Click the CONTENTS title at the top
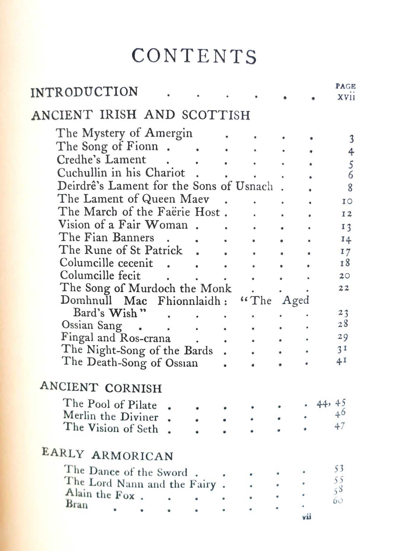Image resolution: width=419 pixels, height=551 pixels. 194,56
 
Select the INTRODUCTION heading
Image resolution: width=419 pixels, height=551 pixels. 84,92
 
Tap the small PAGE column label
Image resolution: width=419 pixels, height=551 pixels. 345,86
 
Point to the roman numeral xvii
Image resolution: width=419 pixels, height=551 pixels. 346,97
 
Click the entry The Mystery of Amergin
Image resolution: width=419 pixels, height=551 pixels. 124,133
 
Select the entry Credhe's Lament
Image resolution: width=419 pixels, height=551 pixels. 101,159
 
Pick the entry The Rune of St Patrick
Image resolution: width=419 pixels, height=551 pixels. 121,250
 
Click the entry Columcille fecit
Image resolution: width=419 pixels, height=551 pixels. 100,275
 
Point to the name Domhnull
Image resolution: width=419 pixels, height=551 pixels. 86,300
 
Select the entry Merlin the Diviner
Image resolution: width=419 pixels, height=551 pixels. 110,417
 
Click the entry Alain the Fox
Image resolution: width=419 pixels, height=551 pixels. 100,495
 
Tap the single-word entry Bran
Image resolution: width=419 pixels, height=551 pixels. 77,505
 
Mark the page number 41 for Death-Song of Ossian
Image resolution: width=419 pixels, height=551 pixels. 341,361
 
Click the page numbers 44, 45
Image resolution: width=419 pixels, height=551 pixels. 331,403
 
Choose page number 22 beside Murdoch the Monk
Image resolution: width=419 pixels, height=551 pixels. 343,288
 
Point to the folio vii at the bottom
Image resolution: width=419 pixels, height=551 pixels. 306,517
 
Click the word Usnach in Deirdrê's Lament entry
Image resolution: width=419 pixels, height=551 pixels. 254,186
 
